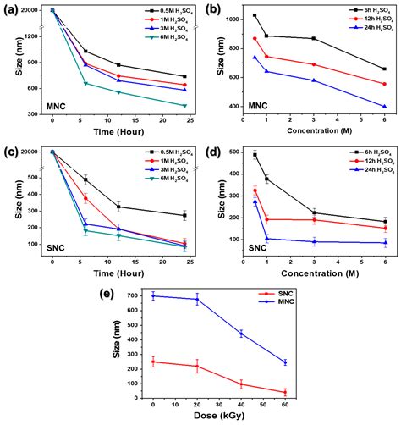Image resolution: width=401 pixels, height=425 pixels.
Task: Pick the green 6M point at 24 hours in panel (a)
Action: pyautogui.click(x=184, y=106)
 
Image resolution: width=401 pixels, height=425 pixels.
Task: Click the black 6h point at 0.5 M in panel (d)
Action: pyautogui.click(x=255, y=155)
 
